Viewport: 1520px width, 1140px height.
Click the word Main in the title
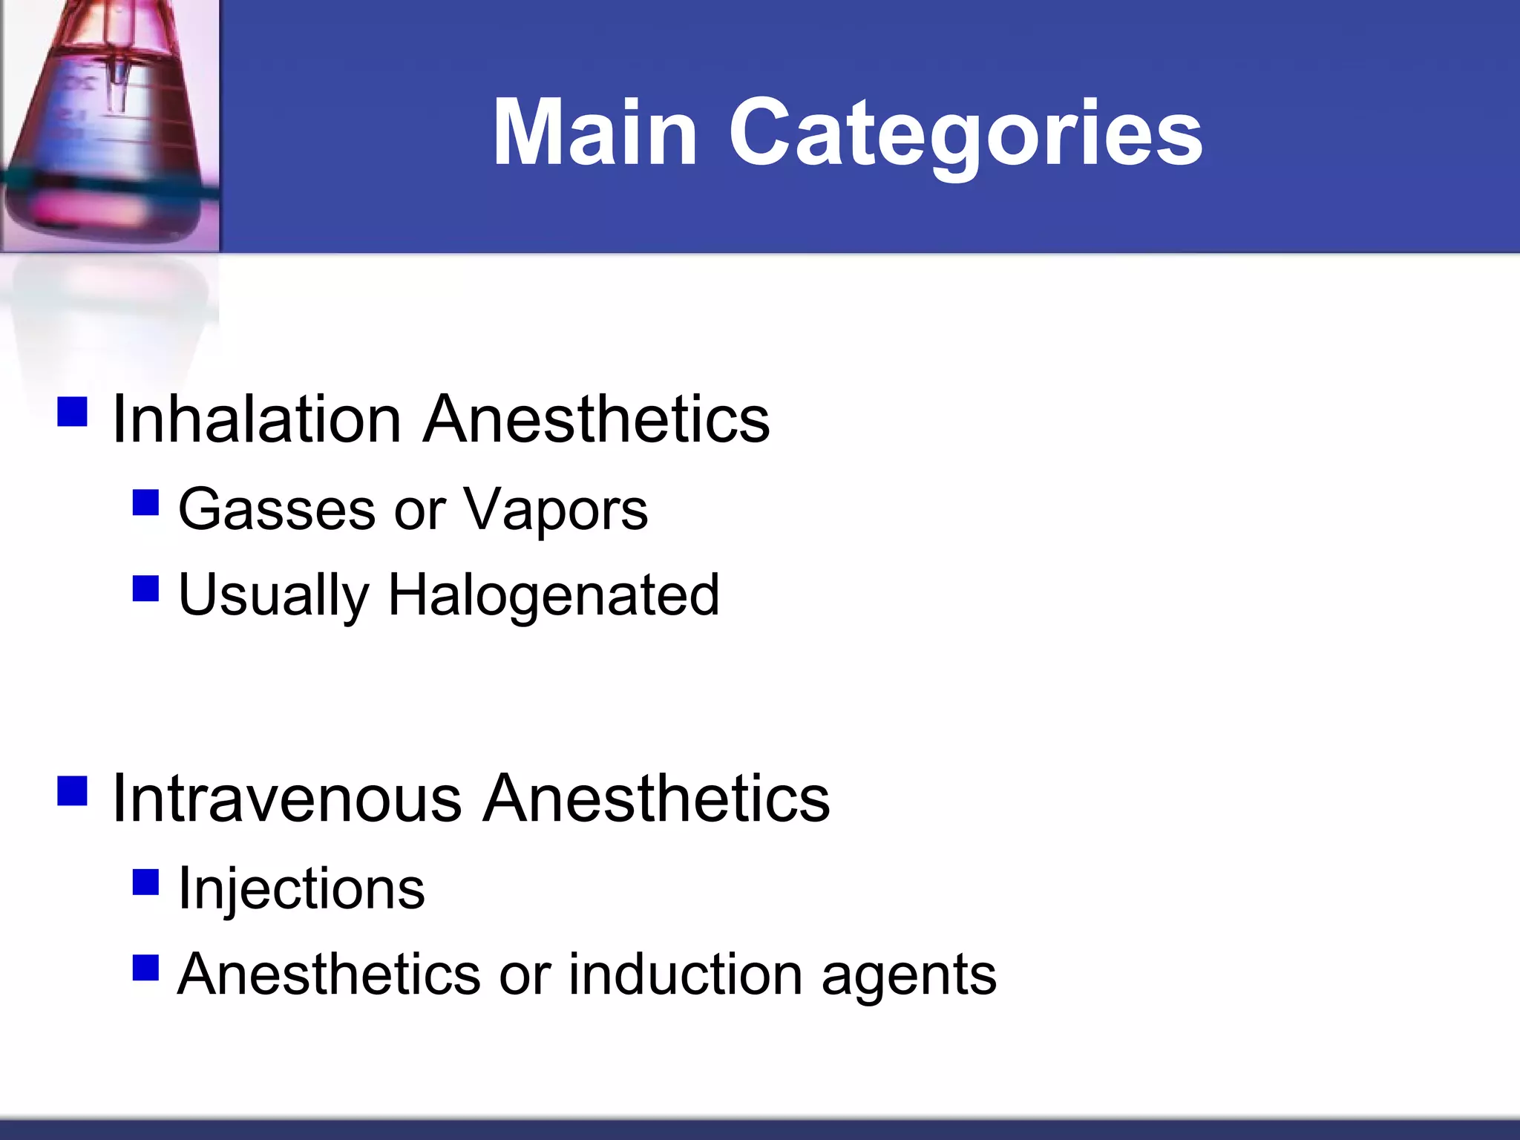point(594,134)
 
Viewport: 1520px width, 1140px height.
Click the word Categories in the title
point(966,134)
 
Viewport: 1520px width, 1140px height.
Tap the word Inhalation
point(256,420)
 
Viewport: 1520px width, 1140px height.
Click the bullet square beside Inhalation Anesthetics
point(72,412)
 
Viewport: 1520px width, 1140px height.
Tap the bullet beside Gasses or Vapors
point(145,502)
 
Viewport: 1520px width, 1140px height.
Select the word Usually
point(273,596)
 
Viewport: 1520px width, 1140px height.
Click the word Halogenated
point(553,596)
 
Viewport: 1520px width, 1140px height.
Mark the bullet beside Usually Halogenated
point(145,589)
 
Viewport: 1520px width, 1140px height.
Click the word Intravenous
point(286,799)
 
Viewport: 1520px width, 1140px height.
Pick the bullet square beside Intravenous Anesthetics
point(72,791)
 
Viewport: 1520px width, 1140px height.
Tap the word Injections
point(301,889)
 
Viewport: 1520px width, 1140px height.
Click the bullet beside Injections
point(145,882)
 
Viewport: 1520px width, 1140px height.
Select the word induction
point(685,974)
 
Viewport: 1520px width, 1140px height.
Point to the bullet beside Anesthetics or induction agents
point(145,968)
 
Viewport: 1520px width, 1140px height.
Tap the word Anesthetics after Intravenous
point(656,799)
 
